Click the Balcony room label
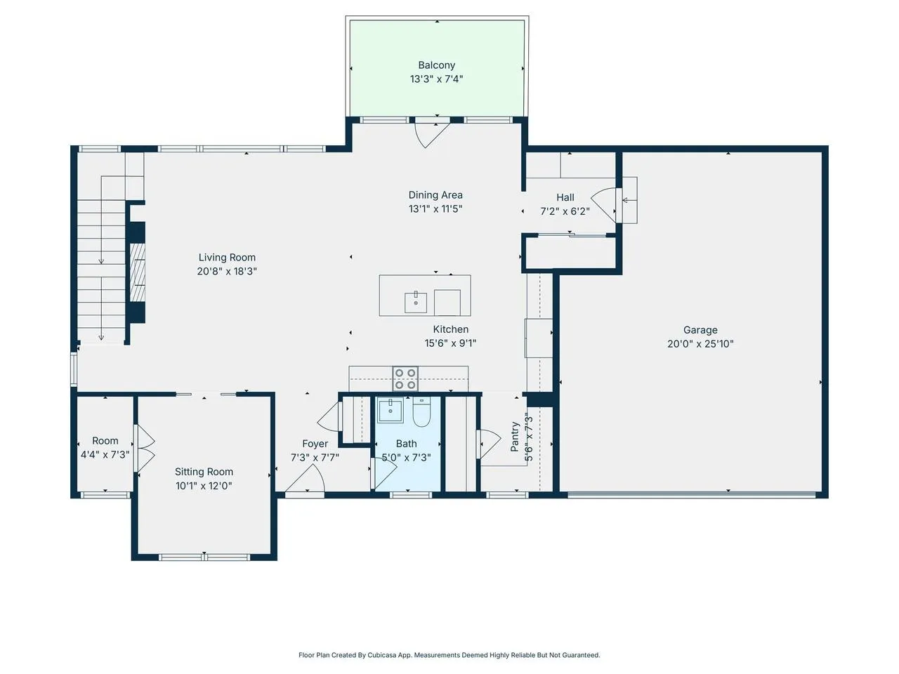436,65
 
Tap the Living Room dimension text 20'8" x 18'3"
226,271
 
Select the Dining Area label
435,195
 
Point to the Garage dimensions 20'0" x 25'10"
700,344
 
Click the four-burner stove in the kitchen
405,378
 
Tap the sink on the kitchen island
415,303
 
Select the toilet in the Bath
421,411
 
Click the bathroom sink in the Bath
391,410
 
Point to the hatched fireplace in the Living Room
137,272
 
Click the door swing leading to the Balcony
432,135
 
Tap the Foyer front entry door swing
305,480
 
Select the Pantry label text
515,437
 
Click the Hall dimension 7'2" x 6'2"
565,211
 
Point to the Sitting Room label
204,472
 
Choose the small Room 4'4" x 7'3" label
105,448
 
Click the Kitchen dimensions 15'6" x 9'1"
450,343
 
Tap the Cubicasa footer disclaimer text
449,655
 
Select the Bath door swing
383,473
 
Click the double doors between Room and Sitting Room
145,449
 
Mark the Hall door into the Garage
605,206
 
